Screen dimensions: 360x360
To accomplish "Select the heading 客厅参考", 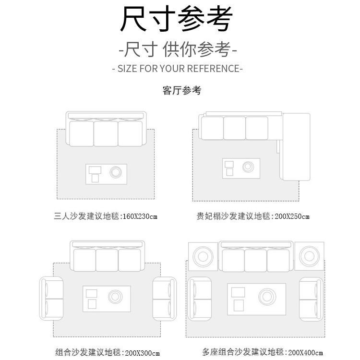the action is pos(181,90).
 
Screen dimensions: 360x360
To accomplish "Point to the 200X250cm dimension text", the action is pos(292,216).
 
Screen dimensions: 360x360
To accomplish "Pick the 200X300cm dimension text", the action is pos(142,353).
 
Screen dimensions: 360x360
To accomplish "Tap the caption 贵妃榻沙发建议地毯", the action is pos(234,216).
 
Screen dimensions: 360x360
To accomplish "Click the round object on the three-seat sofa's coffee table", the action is pos(116,171).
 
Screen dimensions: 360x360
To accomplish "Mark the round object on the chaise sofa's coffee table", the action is pos(248,167).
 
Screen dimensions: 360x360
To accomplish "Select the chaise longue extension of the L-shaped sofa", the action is pos(296,146).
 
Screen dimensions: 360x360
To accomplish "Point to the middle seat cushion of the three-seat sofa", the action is pos(106,133).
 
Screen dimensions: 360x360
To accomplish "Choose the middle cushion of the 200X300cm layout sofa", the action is pos(107,260).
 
